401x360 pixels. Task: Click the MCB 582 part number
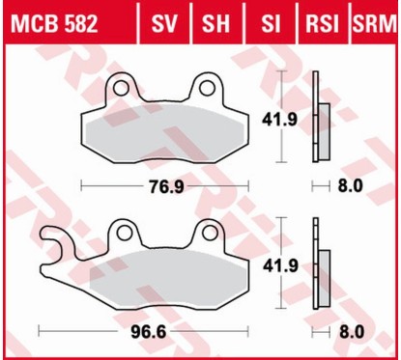[x=53, y=22]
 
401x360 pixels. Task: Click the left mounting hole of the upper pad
[x=121, y=89]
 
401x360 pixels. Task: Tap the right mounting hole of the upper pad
[x=205, y=89]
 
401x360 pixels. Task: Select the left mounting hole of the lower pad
[x=121, y=233]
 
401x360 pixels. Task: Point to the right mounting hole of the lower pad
[x=205, y=233]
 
